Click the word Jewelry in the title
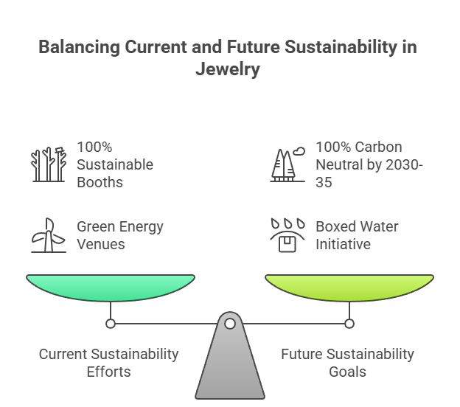tap(229, 69)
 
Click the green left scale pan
tap(111, 287)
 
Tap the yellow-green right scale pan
tap(349, 287)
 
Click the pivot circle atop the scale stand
tap(230, 323)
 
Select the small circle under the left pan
tap(111, 323)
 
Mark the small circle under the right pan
tap(349, 323)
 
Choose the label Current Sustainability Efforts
tap(108, 362)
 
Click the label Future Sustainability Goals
tap(347, 362)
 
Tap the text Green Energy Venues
tap(119, 234)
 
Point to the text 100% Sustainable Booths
tap(115, 164)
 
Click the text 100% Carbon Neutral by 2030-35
tap(369, 164)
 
